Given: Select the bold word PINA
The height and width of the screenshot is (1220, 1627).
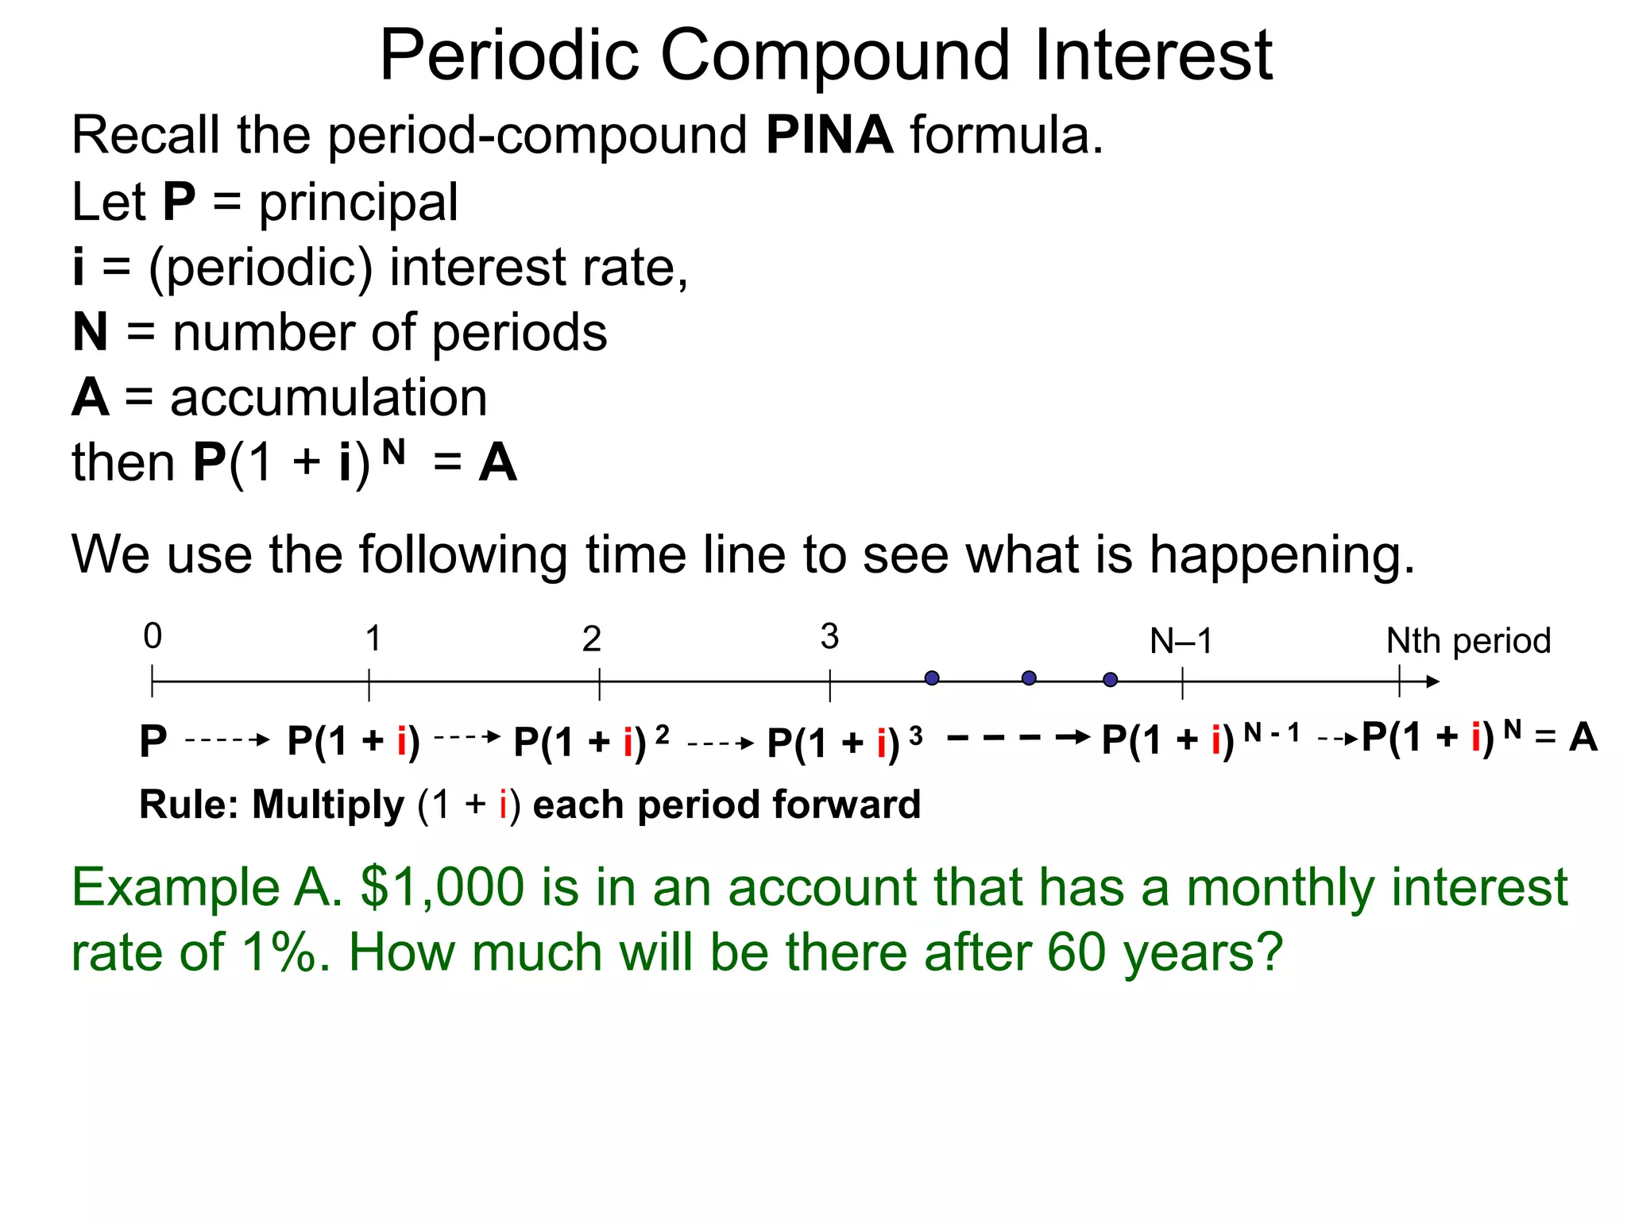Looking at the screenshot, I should point(829,135).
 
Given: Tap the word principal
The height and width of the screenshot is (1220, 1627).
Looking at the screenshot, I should point(358,203).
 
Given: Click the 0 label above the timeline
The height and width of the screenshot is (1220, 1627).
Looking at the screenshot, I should point(153,636).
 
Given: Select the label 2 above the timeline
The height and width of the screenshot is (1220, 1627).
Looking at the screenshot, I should point(591,639).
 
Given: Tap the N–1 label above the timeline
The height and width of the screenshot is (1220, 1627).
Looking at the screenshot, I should point(1181,641).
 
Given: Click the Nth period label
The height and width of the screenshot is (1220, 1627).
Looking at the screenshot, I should point(1468,641).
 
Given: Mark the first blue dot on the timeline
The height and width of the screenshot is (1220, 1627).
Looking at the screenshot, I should point(932,678).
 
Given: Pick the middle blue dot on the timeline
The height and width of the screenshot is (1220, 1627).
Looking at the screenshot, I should point(1029,678).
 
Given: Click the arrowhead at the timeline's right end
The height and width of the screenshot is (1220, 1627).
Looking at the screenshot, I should point(1432,681).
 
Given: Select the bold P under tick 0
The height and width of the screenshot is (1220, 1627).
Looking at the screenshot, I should point(153,742).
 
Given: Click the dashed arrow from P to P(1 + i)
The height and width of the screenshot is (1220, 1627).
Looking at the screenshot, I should point(227,740).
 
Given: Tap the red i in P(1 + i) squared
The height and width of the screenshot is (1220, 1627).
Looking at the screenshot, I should point(628,743).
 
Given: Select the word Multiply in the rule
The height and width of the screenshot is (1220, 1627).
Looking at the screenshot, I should point(328,805).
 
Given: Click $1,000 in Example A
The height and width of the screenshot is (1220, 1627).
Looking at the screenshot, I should point(442,887).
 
